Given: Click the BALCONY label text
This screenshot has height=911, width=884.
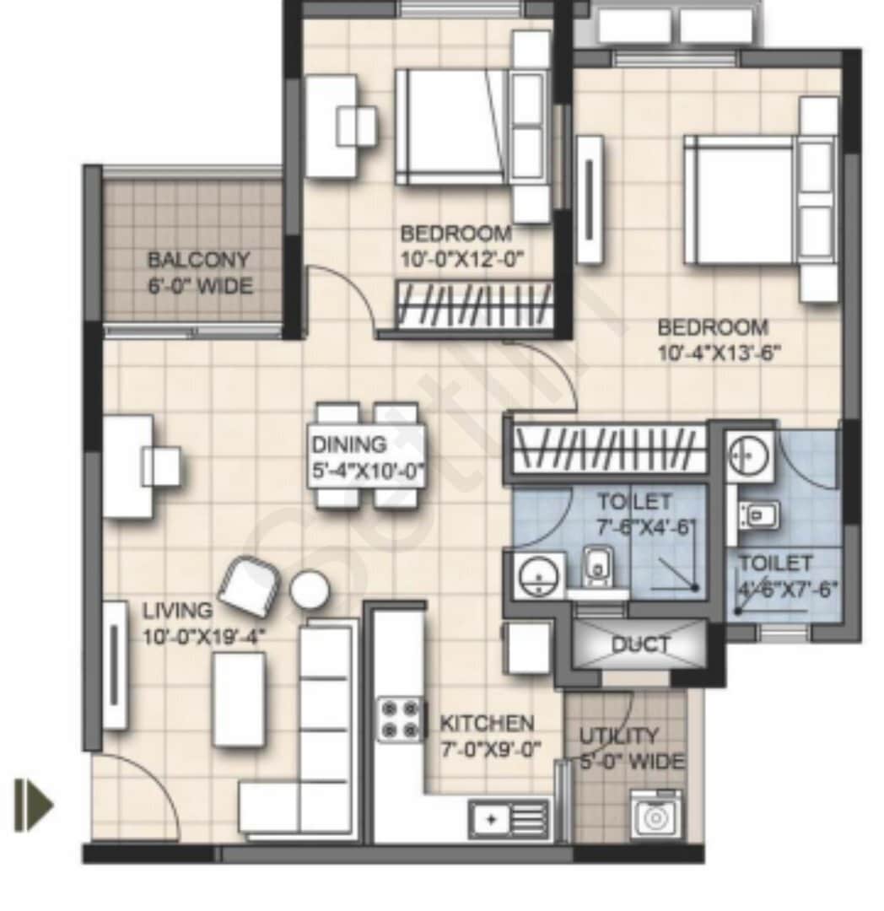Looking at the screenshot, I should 199,259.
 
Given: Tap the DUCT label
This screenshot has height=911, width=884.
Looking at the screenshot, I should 641,645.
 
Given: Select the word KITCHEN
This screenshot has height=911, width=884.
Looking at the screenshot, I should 487,724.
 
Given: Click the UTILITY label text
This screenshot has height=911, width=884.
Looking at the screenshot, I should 619,736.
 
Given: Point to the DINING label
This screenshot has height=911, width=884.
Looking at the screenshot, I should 349,444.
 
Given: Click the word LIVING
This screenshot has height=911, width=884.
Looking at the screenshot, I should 177,609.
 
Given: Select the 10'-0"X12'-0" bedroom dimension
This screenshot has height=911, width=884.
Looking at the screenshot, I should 463,258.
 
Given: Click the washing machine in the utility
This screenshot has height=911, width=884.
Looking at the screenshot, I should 655,816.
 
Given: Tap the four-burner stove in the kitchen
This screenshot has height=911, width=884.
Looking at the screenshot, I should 400,719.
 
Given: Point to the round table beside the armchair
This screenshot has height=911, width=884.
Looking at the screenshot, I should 310,589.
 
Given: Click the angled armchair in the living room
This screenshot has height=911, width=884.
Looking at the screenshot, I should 250,585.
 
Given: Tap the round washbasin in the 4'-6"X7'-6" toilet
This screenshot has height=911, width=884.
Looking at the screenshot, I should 747,456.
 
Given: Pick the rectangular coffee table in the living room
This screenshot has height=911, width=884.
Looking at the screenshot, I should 239,698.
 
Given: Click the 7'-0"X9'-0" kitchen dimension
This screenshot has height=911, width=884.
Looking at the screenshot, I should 490,748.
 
